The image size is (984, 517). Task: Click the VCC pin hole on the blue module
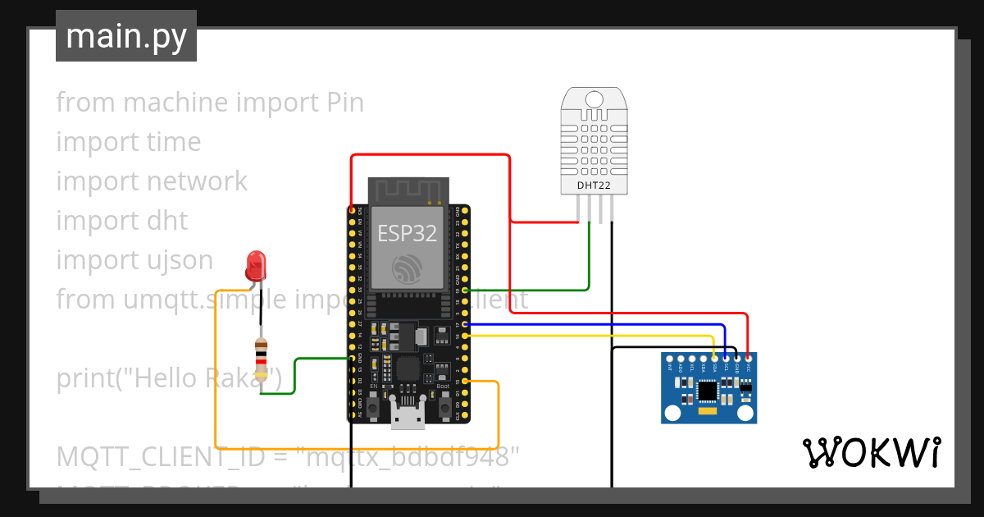point(749,359)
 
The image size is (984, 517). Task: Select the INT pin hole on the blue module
point(670,359)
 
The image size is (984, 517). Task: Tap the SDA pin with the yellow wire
point(715,359)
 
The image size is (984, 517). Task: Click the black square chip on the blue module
point(707,392)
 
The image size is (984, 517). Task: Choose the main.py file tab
point(126,36)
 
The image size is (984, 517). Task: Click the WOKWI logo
point(871,452)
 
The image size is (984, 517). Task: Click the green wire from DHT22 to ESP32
point(589,263)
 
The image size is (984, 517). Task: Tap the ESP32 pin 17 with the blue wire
point(465,325)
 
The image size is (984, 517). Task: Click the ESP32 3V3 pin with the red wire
point(352,210)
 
